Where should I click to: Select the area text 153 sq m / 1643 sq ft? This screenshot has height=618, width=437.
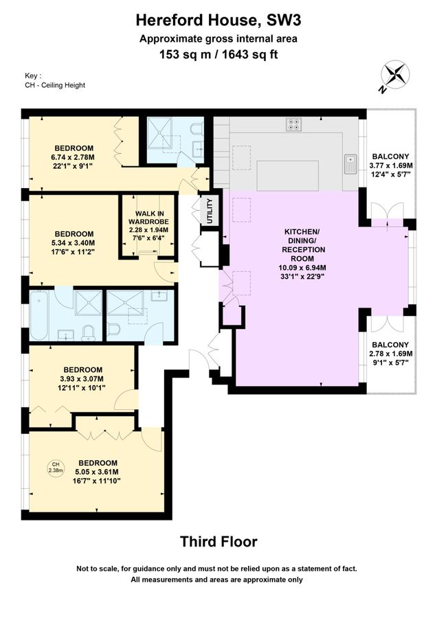218,54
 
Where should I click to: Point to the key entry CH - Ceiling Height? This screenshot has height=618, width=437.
54,85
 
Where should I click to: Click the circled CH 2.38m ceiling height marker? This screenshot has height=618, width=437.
55,468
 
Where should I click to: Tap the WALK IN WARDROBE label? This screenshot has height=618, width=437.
148,226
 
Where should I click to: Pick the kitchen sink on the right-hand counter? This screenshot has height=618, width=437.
350,163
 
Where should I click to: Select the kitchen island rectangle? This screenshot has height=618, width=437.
289,175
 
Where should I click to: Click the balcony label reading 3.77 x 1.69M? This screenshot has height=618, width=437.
390,165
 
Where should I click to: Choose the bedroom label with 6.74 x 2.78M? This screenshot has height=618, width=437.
74,157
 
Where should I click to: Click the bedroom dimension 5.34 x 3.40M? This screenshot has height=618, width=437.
74,242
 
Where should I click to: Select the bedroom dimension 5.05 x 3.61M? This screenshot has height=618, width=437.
97,472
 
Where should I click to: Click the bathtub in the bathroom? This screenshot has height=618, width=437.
40,315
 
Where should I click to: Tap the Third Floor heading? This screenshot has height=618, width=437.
218,542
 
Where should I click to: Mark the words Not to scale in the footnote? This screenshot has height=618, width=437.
100,569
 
